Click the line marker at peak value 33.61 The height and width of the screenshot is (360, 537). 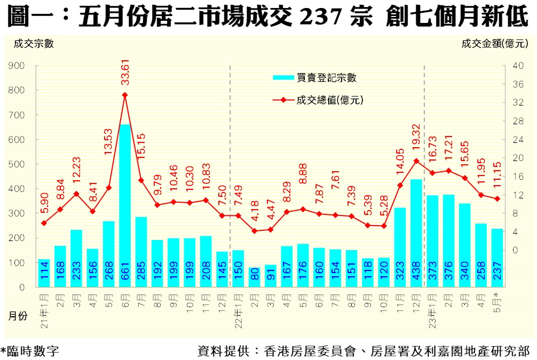[x=125, y=95]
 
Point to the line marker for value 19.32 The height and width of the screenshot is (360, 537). [x=416, y=161]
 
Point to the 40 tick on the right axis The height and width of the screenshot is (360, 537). [x=517, y=66]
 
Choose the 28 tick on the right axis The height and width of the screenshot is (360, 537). [x=517, y=121]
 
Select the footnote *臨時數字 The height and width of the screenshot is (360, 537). [x=30, y=351]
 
